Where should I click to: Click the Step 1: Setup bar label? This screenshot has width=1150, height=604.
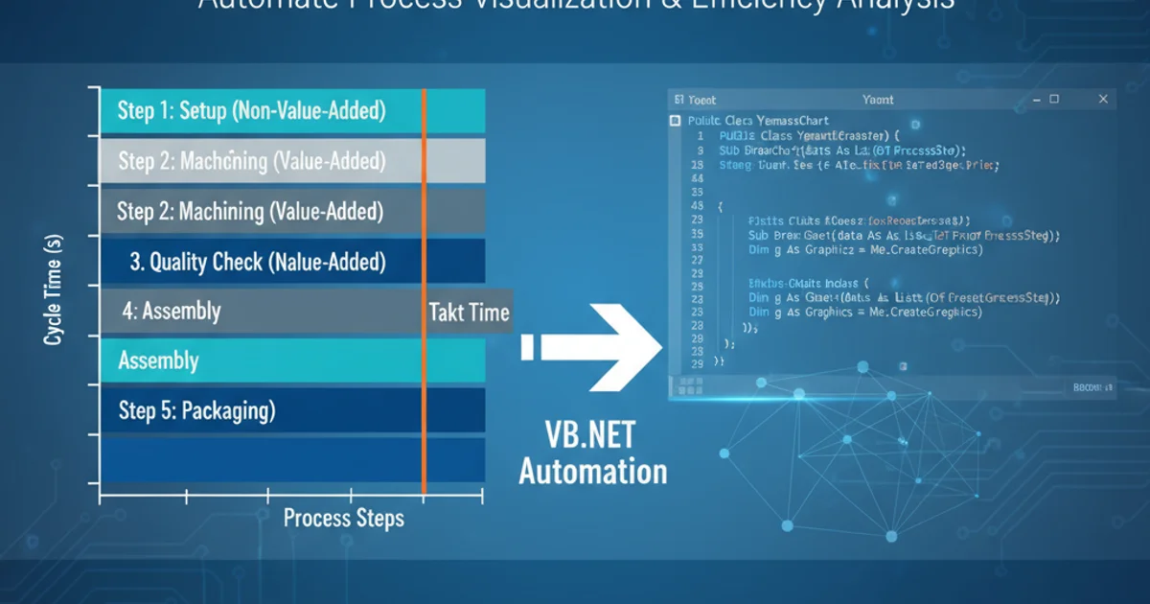tap(251, 111)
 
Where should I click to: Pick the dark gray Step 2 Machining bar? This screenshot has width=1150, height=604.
tap(250, 211)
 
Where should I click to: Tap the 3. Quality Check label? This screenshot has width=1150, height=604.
tap(258, 261)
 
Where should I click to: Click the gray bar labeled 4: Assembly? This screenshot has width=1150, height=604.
tap(172, 311)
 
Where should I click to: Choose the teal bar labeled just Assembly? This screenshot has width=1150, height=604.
tap(158, 361)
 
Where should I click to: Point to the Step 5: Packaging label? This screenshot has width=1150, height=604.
tap(196, 411)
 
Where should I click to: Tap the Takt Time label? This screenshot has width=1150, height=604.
tap(470, 312)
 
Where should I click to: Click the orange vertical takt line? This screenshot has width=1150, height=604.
tap(423, 403)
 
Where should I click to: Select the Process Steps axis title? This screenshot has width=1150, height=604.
tap(344, 519)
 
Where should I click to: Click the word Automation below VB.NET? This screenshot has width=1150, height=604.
tap(593, 472)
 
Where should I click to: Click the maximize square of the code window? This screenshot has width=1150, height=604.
tap(1055, 99)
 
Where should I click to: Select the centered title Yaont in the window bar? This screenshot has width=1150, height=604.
tap(878, 99)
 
